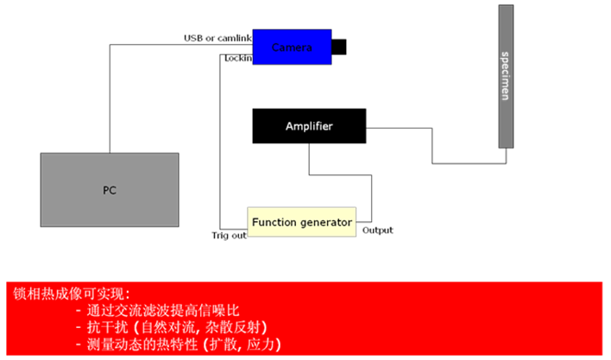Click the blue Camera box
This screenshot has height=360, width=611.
pyautogui.click(x=292, y=47)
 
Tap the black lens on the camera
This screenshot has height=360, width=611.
pyautogui.click(x=339, y=47)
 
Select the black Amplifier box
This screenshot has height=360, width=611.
pyautogui.click(x=308, y=127)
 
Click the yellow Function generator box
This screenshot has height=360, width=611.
pyautogui.click(x=301, y=223)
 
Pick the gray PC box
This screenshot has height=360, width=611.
pyautogui.click(x=109, y=190)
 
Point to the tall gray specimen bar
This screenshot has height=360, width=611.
pyautogui.click(x=507, y=76)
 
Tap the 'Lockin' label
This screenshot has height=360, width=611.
pyautogui.click(x=237, y=59)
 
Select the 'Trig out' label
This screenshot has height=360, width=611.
pyautogui.click(x=229, y=235)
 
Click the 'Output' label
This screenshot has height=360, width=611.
pyautogui.click(x=377, y=230)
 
